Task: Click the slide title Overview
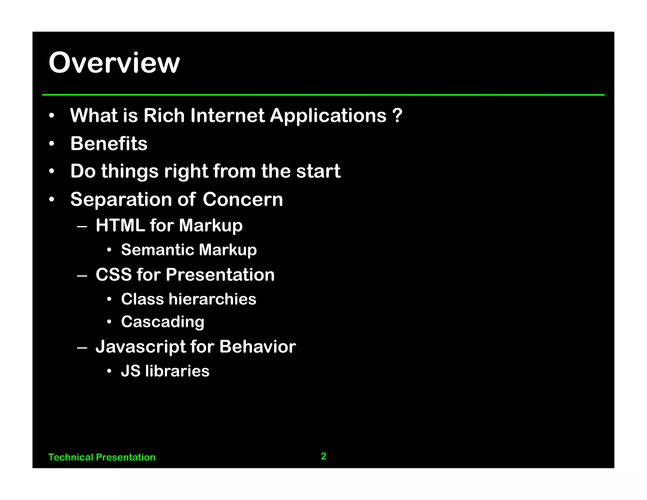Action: (114, 63)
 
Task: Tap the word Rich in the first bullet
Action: (164, 115)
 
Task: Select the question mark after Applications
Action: (397, 115)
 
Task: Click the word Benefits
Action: (109, 143)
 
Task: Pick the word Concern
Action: (243, 199)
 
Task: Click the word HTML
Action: (120, 225)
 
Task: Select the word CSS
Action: (113, 274)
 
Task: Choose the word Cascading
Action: (163, 322)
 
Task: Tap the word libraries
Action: (177, 371)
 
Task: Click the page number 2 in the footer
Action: (323, 456)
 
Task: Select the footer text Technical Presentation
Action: (102, 457)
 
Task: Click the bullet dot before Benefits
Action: (52, 144)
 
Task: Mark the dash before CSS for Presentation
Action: (82, 276)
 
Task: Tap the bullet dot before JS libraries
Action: (109, 371)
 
